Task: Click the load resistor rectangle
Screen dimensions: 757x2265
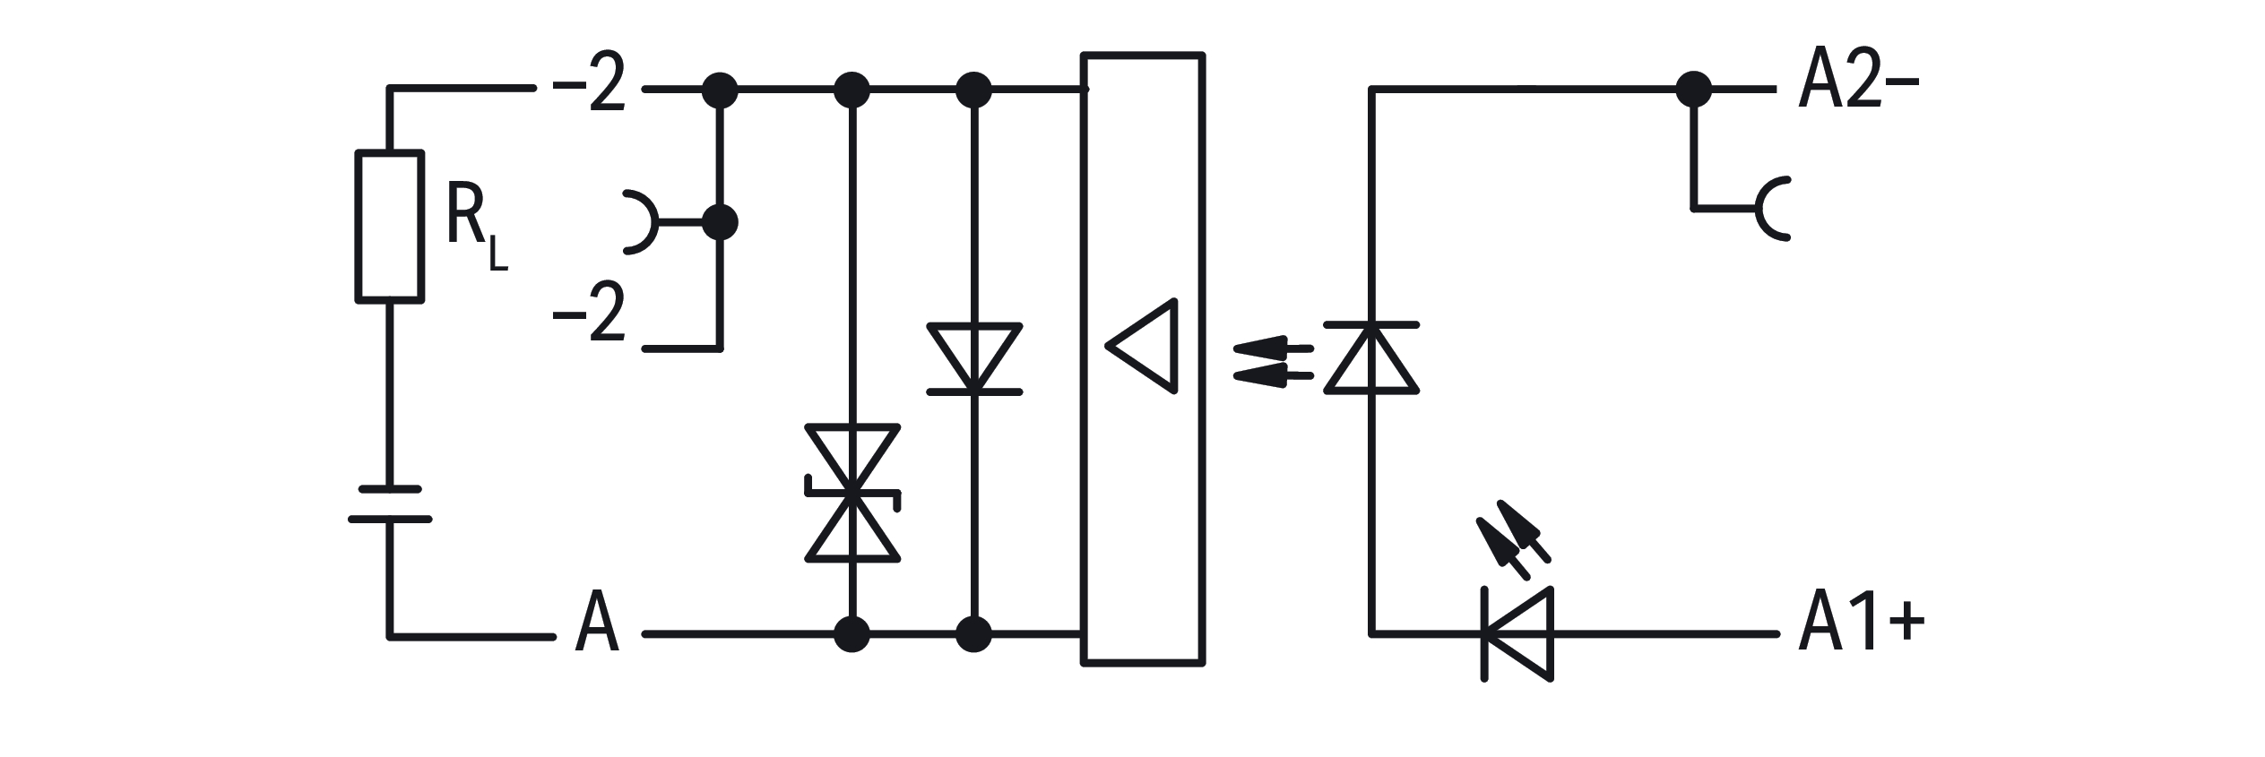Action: (x=390, y=227)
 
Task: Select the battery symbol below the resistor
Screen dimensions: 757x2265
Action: (x=390, y=503)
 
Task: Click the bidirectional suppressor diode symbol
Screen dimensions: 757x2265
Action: (x=852, y=494)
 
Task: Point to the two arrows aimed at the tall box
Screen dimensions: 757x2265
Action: (x=1273, y=363)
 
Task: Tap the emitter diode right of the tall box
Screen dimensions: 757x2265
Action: (x=1371, y=357)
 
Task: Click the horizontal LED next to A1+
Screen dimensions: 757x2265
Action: (x=1517, y=634)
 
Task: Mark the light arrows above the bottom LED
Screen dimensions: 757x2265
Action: (x=1512, y=540)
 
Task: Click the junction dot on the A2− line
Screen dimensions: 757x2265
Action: (x=1693, y=90)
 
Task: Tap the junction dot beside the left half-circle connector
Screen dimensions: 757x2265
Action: (x=719, y=222)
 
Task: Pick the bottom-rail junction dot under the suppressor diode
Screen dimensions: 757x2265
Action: (x=852, y=634)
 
